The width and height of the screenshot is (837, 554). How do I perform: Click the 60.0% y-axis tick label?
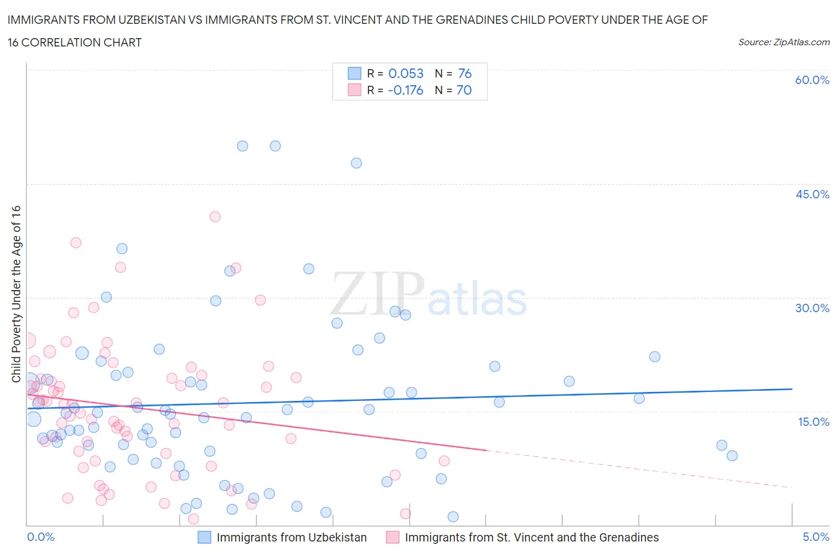(812, 80)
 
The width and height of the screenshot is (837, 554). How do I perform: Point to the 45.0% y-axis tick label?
(812, 194)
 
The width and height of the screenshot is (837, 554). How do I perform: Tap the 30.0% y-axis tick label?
(812, 308)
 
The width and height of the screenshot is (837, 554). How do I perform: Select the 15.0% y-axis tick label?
(812, 422)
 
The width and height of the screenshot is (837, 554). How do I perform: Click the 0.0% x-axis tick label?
(41, 537)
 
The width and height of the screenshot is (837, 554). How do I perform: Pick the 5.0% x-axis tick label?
(816, 537)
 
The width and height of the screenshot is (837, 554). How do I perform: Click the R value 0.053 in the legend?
(406, 73)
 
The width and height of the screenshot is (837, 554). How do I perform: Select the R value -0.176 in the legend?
(405, 90)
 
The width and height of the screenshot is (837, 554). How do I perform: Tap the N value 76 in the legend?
(465, 73)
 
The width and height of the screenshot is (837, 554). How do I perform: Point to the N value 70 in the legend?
(464, 90)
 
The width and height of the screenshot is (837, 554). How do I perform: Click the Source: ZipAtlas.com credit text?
(783, 42)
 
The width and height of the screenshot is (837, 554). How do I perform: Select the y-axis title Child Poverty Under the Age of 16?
(16, 294)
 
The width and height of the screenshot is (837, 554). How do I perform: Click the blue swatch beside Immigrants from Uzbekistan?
(205, 537)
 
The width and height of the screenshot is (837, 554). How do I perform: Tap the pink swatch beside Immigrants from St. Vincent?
(393, 537)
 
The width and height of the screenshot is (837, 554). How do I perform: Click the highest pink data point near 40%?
(215, 217)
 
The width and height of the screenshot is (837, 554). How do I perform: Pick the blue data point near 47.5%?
(357, 163)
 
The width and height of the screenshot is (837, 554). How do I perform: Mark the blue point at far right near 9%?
(732, 456)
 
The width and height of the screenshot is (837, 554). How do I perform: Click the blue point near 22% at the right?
(655, 357)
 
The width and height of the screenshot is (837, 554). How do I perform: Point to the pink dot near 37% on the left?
(76, 242)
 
